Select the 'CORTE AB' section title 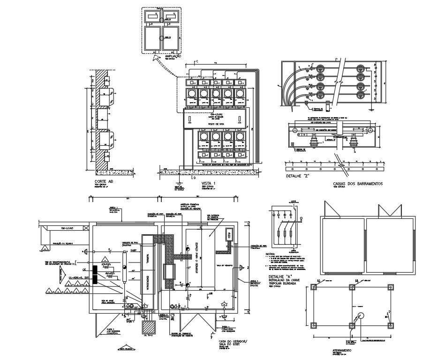104,181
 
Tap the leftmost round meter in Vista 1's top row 192,93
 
